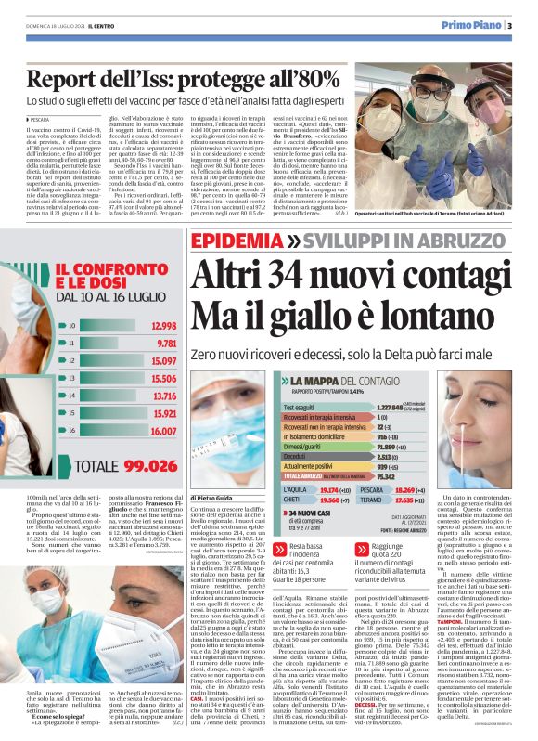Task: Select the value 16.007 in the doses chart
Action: tap(162, 432)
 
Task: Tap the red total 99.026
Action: tap(145, 466)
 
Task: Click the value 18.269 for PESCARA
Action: tap(438, 488)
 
